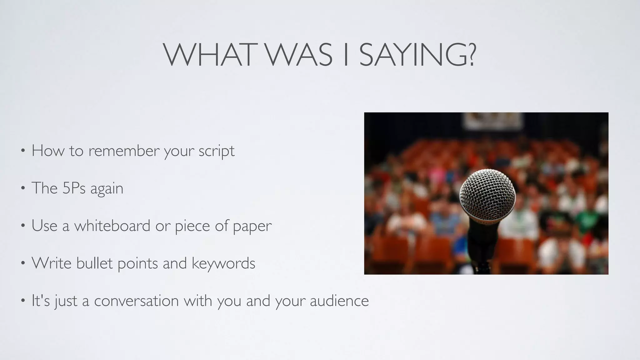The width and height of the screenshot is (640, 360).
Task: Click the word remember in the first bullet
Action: (x=124, y=151)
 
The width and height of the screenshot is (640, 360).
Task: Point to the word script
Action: (x=216, y=152)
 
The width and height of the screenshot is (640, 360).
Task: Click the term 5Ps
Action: (x=74, y=188)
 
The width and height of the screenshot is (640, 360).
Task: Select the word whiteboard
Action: (x=112, y=225)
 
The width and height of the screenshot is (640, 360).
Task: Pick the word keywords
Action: (x=223, y=263)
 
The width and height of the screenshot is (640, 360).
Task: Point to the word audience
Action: (x=339, y=301)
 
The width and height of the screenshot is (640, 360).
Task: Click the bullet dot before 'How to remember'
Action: (x=22, y=151)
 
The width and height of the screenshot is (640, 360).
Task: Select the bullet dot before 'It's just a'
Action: (x=22, y=301)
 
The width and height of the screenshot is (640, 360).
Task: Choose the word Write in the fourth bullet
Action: (x=52, y=263)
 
